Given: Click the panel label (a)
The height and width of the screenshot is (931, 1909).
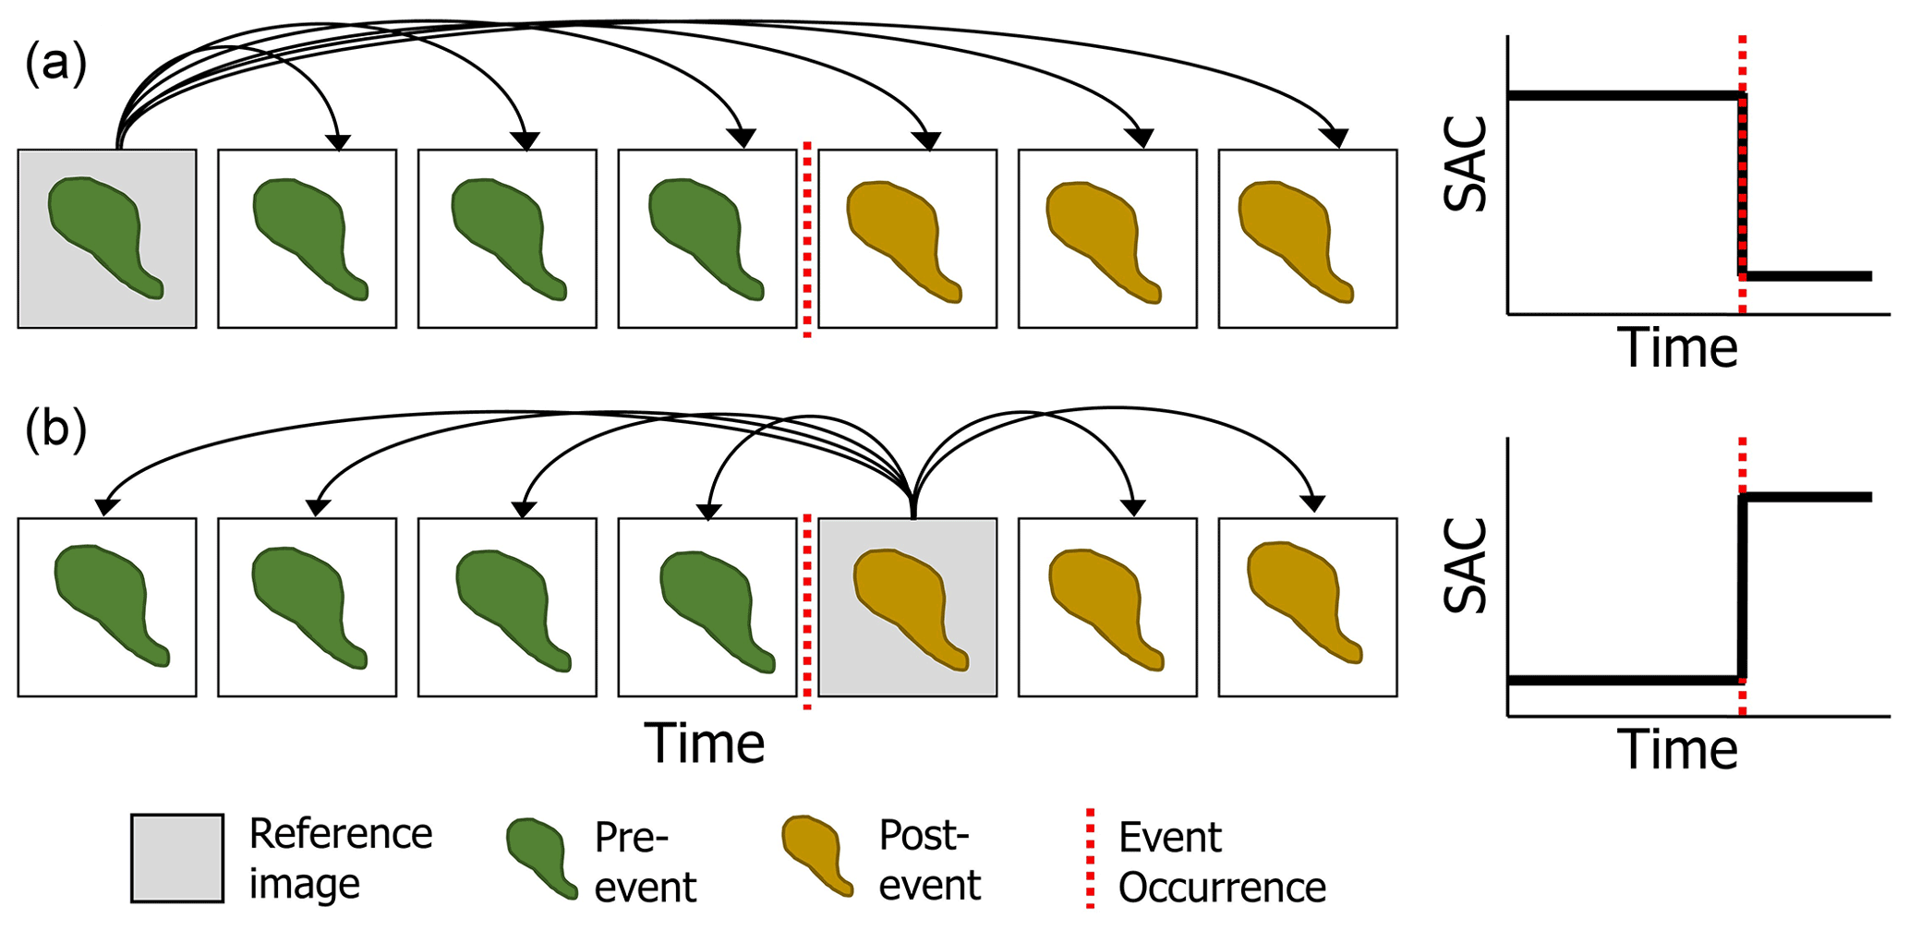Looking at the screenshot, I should pos(55,66).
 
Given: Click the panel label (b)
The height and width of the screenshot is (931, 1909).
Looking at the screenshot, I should pos(55,430).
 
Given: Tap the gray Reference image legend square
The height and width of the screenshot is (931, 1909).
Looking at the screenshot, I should pos(176,858).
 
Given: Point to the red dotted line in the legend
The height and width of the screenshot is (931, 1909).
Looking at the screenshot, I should pos(1091,859).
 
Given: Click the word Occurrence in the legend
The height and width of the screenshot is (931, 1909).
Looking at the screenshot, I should pos(1222,888).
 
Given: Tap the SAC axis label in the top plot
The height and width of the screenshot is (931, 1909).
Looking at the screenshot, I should pos(1467,164).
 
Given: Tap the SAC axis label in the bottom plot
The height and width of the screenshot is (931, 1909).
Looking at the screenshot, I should pos(1467,565).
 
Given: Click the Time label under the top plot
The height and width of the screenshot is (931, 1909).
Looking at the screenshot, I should pos(1678,348).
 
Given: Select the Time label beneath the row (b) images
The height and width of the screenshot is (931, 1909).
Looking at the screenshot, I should pos(705,743).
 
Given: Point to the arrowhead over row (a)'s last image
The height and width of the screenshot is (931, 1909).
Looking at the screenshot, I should pos(1334,139).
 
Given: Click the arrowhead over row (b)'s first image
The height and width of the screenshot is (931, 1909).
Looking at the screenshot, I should pos(107,507).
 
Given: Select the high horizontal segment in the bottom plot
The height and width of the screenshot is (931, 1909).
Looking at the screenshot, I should pos(1806,498).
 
